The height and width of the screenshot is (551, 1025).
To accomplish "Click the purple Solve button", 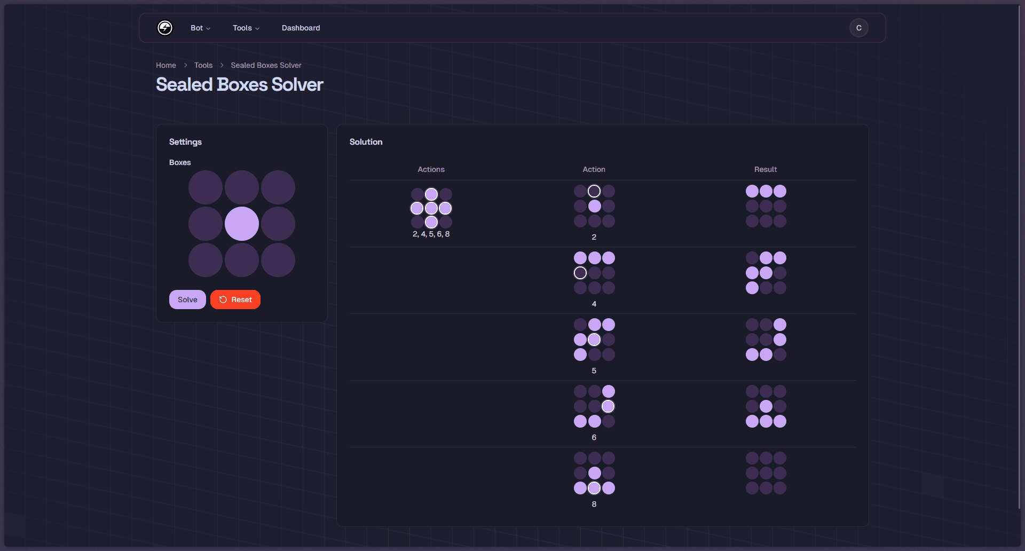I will coord(187,300).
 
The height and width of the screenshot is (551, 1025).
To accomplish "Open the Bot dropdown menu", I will coord(200,28).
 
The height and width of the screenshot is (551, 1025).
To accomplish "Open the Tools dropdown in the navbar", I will coord(246,28).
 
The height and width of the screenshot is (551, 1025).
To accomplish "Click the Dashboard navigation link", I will coord(301,28).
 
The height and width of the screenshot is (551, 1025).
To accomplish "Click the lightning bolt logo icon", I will coord(165,28).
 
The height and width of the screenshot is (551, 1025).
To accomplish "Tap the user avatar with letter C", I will coord(858,28).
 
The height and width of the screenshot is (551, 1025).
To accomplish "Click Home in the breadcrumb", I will coord(166,65).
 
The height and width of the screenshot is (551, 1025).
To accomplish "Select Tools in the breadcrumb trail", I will coord(203,65).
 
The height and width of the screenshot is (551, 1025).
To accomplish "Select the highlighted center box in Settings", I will coord(242,224).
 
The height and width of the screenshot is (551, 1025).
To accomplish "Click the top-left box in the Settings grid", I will coord(206,187).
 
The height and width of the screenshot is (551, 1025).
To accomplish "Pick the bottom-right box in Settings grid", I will coord(278,260).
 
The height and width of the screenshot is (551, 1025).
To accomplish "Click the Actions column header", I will coord(431,169).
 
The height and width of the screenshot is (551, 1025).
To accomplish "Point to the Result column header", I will coord(766,169).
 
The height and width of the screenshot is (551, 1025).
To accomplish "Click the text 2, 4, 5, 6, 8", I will coord(431,234).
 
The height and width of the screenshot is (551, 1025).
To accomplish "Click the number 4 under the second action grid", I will coord(594,304).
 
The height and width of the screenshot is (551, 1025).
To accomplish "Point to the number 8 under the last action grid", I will coord(594,504).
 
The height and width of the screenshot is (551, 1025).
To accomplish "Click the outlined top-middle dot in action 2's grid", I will coord(594,191).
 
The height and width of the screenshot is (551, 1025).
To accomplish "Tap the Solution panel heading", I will coord(366,141).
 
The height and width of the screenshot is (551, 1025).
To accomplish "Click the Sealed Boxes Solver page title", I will coord(240,84).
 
